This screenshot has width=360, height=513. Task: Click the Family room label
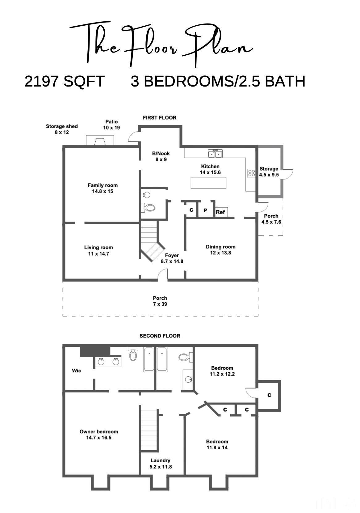[x=103, y=188]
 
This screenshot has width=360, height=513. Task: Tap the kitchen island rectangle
[x=208, y=183]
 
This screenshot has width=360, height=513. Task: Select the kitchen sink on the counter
[x=216, y=153]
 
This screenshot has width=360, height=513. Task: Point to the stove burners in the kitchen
[x=251, y=173]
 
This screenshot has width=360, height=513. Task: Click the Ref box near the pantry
[x=220, y=212]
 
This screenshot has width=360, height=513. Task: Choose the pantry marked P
[x=205, y=210]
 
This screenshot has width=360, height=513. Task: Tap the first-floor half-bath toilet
[x=149, y=208]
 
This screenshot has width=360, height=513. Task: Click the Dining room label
[x=220, y=250]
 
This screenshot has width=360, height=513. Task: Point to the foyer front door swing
[x=163, y=275]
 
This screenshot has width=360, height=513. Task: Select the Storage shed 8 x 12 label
[x=62, y=129]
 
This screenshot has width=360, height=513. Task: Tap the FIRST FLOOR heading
[x=159, y=118]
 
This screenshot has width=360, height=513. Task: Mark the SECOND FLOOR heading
[x=160, y=336]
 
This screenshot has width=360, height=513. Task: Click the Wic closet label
[x=77, y=371]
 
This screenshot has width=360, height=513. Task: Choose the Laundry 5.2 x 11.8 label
[x=161, y=464]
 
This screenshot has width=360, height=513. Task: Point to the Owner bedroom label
[x=99, y=435]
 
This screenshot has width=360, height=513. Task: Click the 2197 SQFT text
[x=65, y=82]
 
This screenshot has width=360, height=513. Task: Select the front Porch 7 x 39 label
[x=160, y=301]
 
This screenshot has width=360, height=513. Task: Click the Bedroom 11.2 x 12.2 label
[x=222, y=371]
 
